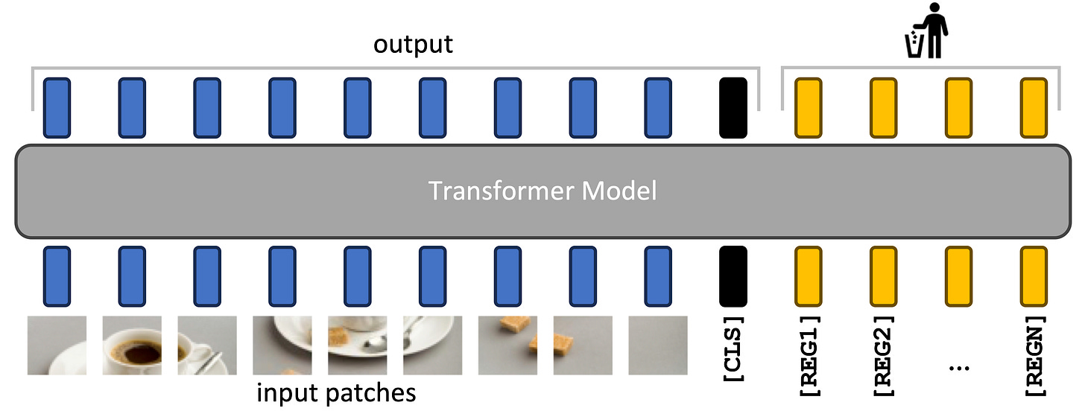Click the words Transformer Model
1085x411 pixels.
pos(542,191)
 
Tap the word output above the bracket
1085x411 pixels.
pos(413,44)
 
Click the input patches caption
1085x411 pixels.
pos(336,392)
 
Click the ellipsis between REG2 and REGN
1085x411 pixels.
pos(959,366)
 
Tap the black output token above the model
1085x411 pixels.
pos(733,108)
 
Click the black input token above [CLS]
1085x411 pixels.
pos(733,276)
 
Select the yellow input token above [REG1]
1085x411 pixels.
pos(809,276)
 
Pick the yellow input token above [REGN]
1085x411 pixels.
pos(1034,276)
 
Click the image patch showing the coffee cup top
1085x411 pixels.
pos(132,345)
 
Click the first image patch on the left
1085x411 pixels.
pos(57,345)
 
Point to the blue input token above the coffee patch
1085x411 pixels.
pos(132,276)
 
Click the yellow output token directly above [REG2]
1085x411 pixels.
pos(884,108)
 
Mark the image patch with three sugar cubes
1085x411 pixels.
pos(507,345)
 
